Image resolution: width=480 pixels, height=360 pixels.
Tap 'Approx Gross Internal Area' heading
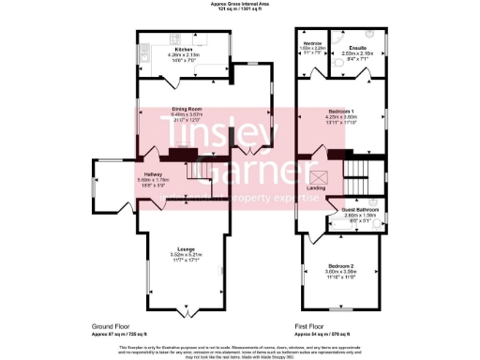point(239,5)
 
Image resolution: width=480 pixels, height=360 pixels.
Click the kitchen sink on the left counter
point(146,54)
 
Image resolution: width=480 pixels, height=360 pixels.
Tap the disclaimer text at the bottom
point(240,349)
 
